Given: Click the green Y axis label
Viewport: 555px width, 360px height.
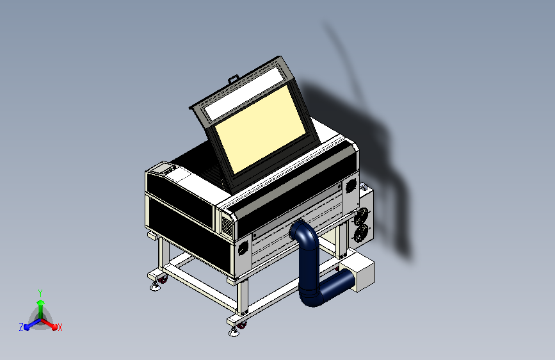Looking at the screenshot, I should tap(40, 291).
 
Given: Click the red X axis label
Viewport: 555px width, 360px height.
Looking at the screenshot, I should tap(60, 327).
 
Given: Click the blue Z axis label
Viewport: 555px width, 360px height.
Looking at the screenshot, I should tap(21, 327).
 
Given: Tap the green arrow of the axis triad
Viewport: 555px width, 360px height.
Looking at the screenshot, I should tap(40, 304).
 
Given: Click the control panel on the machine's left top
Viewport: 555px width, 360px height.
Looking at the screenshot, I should tap(163, 169).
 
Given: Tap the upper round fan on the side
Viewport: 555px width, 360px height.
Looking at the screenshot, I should tap(362, 216).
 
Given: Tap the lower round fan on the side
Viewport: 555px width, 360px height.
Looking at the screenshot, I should tap(362, 233).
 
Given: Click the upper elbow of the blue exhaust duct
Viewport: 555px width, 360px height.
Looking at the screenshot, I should tap(305, 233).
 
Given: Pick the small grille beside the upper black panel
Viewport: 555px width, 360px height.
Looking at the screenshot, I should tap(226, 225).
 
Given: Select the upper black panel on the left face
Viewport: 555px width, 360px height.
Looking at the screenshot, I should tap(179, 199).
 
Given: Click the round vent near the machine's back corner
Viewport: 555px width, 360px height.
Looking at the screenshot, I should tap(350, 186).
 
